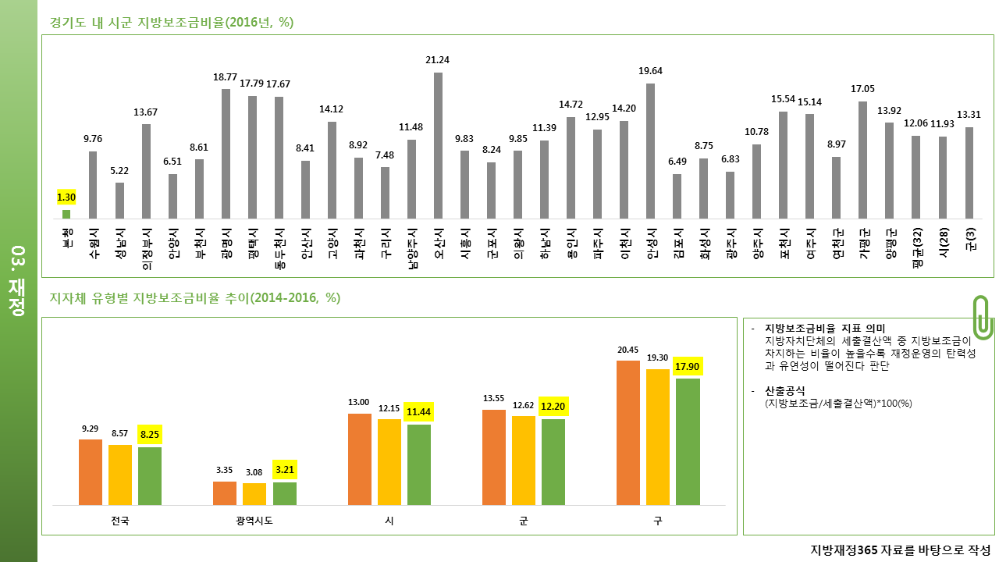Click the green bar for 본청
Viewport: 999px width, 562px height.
(66, 214)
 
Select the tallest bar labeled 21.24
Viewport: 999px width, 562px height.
(438, 145)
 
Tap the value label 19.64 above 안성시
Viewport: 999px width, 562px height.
(650, 71)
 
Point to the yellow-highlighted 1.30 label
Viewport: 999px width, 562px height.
(66, 197)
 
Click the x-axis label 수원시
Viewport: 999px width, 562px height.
(94, 244)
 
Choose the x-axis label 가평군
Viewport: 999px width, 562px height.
(864, 244)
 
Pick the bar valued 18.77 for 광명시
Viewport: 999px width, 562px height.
(226, 154)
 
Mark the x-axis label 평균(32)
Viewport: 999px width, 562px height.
(917, 247)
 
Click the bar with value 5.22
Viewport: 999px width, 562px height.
(119, 201)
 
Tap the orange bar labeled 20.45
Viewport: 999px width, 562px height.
(628, 432)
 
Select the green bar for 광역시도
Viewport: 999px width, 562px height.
(285, 494)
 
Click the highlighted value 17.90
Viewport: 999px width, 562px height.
(688, 367)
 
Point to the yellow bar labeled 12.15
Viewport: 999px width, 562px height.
(389, 462)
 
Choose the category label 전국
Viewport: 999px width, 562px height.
(120, 521)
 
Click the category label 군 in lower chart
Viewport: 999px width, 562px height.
(524, 521)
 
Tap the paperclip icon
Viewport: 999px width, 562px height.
(983, 317)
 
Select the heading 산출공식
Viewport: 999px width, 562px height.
(785, 391)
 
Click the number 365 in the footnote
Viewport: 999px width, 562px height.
(867, 550)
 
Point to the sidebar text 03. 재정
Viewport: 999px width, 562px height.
(17, 281)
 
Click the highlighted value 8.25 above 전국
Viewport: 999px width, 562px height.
(150, 435)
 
